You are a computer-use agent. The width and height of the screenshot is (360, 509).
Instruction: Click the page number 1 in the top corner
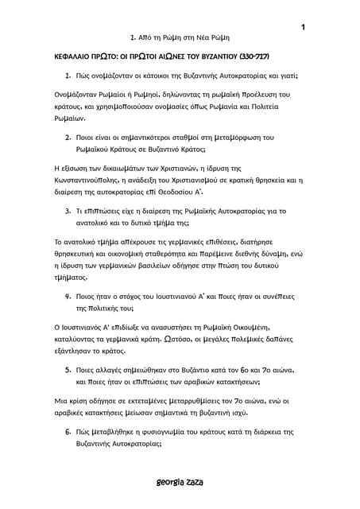pyautogui.click(x=304, y=29)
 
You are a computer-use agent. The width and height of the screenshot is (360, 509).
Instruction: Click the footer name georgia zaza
pyautogui.click(x=180, y=482)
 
